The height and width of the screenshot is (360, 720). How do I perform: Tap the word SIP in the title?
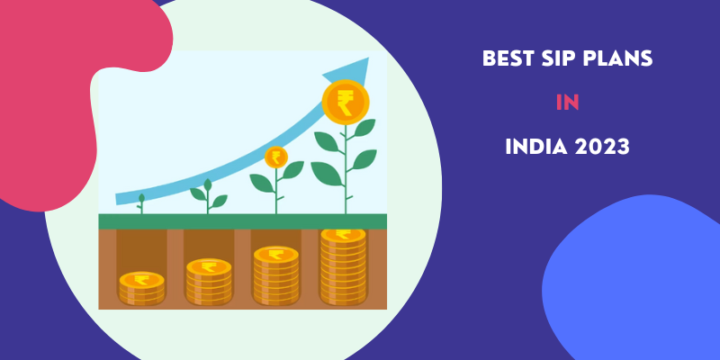point(551,58)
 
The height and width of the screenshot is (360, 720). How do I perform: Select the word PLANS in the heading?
point(614,58)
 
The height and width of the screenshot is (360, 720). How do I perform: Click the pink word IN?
point(568,103)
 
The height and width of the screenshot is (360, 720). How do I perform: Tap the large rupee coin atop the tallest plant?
point(346,102)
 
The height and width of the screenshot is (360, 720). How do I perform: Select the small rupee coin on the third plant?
point(276,157)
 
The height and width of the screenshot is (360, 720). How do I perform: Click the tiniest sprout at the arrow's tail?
point(141,203)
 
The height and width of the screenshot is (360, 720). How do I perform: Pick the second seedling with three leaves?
point(208,196)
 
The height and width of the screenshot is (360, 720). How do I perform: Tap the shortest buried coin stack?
point(141,288)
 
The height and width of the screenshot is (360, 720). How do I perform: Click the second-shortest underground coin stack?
point(209,282)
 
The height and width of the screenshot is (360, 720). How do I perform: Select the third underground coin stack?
point(276,275)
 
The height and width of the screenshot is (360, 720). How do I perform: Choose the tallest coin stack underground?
point(344,266)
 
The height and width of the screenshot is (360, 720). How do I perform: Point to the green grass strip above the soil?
point(242,221)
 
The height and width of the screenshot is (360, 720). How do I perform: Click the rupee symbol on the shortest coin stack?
point(141,280)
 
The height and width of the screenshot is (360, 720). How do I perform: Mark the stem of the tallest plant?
point(346,170)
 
